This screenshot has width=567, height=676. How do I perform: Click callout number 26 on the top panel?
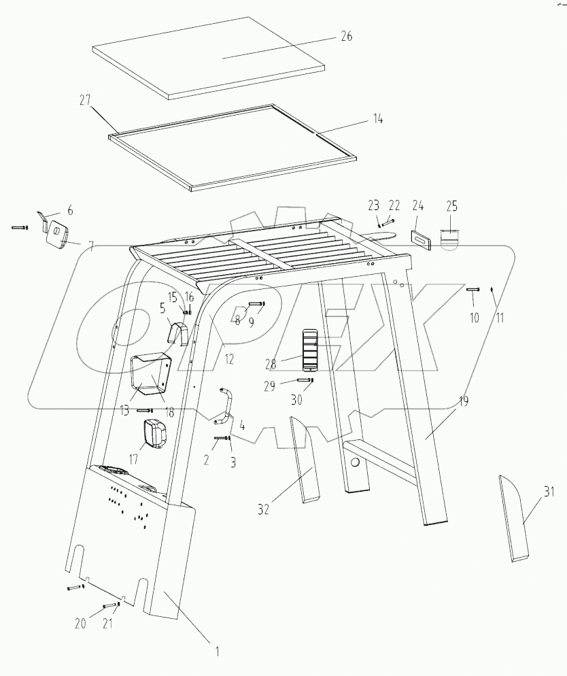click(346, 37)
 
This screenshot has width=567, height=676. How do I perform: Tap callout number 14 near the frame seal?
click(377, 119)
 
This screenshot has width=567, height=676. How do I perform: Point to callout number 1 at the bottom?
click(217, 652)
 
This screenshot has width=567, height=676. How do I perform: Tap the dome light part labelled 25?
click(449, 237)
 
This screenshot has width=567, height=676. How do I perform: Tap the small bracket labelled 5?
click(177, 333)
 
